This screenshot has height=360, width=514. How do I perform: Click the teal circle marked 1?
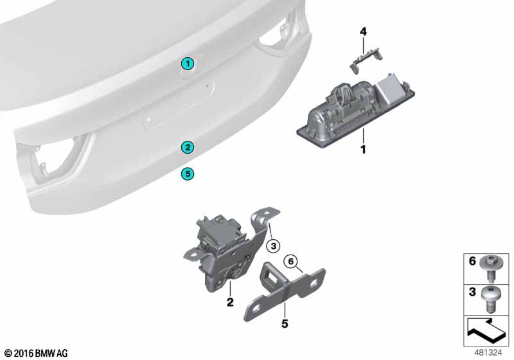188,64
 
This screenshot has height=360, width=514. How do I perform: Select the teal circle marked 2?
188,147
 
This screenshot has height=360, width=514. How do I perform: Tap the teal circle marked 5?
188,174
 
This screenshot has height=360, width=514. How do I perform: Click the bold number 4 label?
363,32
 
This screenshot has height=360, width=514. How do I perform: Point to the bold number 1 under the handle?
363,150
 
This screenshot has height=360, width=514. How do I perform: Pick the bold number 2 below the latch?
230,302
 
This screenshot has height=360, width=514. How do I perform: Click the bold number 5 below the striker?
285,323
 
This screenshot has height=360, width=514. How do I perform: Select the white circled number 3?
274,246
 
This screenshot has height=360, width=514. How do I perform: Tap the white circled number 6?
291,261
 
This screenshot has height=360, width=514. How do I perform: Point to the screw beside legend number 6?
489,269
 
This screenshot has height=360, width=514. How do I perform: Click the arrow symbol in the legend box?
486,330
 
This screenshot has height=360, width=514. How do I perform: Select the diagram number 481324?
488,352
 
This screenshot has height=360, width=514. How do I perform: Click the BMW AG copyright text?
37,353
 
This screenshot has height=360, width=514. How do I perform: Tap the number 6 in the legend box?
472,261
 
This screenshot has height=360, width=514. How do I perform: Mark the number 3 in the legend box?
472,292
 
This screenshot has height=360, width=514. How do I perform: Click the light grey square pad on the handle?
391,88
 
